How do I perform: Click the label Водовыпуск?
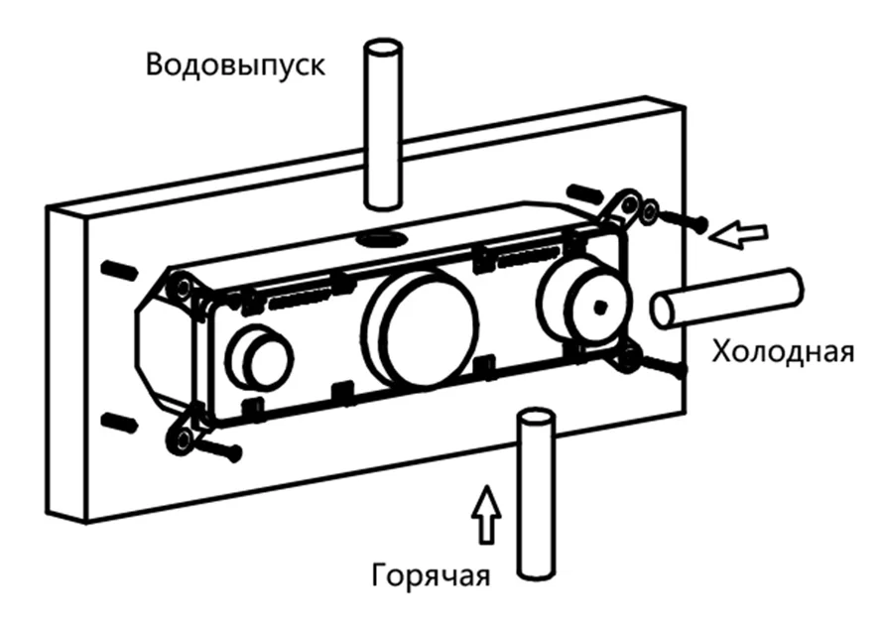pyautogui.click(x=235, y=65)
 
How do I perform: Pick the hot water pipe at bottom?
pyautogui.click(x=536, y=496)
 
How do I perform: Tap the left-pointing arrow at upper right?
pyautogui.click(x=743, y=234)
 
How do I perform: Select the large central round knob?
pyautogui.click(x=421, y=327)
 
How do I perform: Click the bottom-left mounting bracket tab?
pyautogui.click(x=183, y=437)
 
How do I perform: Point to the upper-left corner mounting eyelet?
pyautogui.click(x=181, y=287)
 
